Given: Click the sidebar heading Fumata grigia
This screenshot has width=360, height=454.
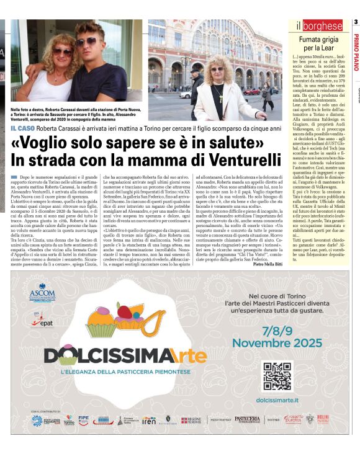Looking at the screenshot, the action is (317, 40).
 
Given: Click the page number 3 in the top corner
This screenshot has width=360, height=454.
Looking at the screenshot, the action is (356, 23).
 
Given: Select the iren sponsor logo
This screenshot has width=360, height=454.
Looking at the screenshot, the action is (149, 420).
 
